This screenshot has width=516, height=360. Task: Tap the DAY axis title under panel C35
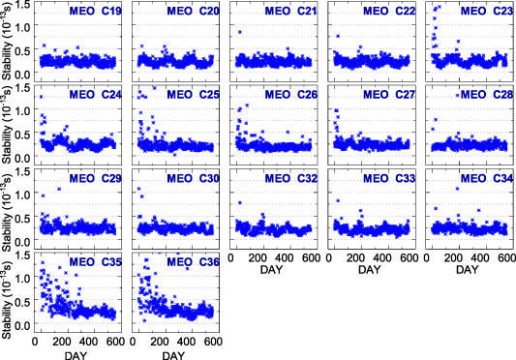[75, 353]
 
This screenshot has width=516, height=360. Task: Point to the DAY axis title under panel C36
[173, 353]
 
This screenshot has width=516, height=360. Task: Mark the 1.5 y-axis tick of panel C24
[22, 88]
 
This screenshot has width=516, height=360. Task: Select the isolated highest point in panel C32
[239, 202]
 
